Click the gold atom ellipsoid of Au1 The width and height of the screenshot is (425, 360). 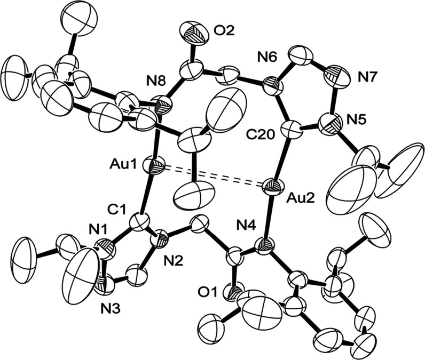coord(155,167)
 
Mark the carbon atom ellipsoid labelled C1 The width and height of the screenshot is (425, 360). coord(144,220)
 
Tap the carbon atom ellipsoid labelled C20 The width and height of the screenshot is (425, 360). coord(290,129)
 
